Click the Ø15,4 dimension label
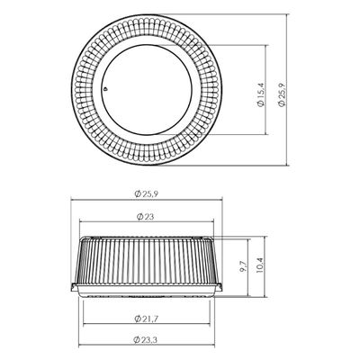(261, 94)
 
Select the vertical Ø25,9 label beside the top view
(282, 94)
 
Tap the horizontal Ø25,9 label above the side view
(147, 193)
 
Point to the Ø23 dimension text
(145, 217)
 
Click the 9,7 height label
(244, 266)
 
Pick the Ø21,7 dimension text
(146, 319)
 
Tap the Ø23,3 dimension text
(146, 339)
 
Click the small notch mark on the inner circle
(104, 89)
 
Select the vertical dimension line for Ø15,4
(266, 90)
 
